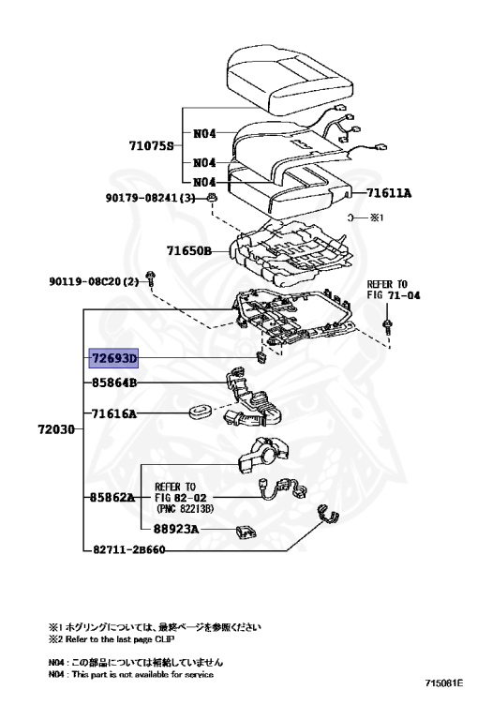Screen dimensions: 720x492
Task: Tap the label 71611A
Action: (x=389, y=193)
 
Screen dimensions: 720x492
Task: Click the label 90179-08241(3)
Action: (x=150, y=199)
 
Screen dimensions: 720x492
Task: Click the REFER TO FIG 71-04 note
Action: (x=387, y=288)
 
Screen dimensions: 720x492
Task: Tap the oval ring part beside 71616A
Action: (x=201, y=412)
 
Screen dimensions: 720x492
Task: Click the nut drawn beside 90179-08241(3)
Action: (x=213, y=199)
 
